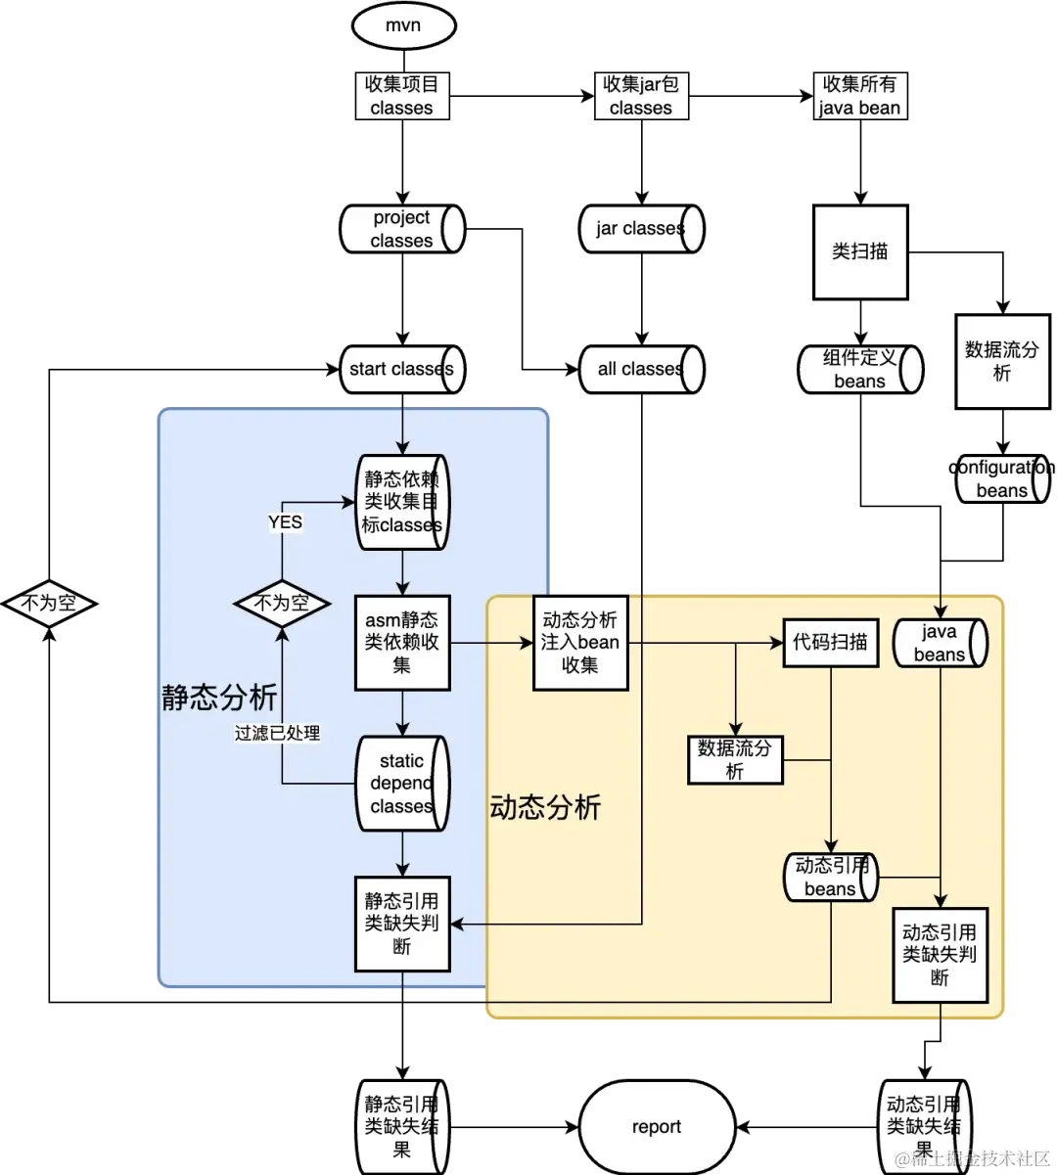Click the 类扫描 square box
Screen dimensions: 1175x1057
pos(860,251)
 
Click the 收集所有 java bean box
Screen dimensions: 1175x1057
pos(860,97)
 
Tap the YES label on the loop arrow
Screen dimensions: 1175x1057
pos(285,522)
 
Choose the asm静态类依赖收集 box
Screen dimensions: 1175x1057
pos(402,642)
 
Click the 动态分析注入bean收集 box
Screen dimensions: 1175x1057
pos(580,642)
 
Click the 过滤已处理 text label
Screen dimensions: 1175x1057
pos(277,732)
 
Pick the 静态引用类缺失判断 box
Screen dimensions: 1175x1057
pos(402,924)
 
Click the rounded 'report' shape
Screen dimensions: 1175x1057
pos(657,1127)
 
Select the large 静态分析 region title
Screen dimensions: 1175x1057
pos(220,697)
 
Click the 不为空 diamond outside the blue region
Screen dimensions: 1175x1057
pos(49,604)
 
